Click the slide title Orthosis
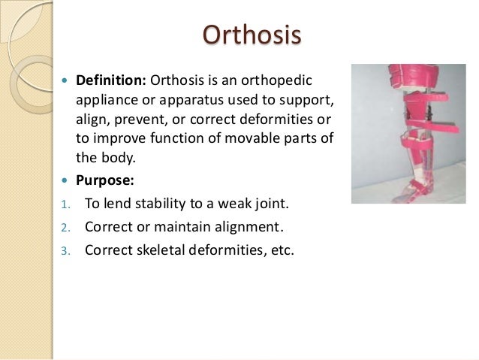pyautogui.click(x=252, y=36)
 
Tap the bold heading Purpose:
pyautogui.click(x=106, y=179)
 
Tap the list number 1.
pyautogui.click(x=65, y=204)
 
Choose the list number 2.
pyautogui.click(x=65, y=227)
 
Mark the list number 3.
pyautogui.click(x=65, y=250)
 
